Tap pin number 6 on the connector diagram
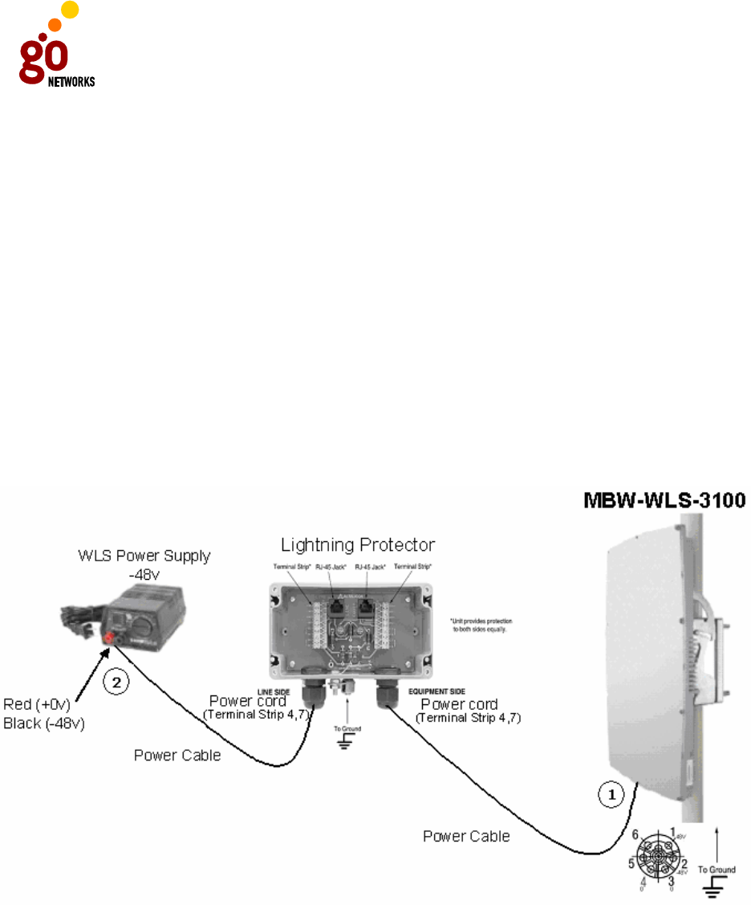[x=635, y=834]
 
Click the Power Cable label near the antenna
[x=466, y=837]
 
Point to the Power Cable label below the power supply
[x=177, y=755]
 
